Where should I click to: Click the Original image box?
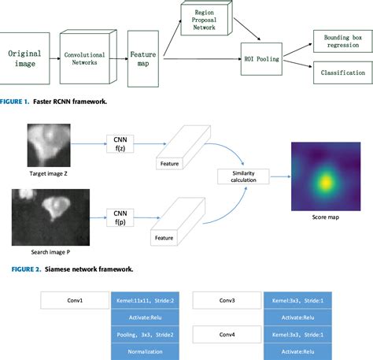pyautogui.click(x=24, y=59)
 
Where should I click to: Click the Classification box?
pyautogui.click(x=339, y=72)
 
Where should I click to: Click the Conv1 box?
pyautogui.click(x=76, y=300)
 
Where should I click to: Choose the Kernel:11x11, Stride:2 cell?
pyautogui.click(x=146, y=300)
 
